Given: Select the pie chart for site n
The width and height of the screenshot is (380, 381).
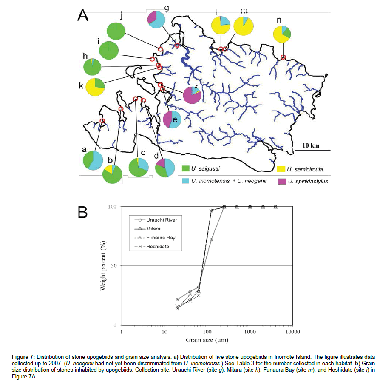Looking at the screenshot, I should tap(282, 34).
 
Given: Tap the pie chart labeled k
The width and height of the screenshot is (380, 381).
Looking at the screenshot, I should tap(95, 87).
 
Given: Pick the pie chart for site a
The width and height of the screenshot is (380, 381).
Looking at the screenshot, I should tap(93, 160).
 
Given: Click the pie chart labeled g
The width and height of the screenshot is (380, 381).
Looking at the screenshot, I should tap(157, 20).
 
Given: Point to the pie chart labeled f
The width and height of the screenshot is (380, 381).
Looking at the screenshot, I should tap(192, 94).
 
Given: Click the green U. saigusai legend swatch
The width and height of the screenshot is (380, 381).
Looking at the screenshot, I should tap(185, 170).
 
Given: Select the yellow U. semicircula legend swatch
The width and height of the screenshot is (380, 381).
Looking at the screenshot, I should tap(281, 170).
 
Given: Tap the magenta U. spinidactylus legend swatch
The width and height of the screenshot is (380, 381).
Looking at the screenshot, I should tap(281, 181).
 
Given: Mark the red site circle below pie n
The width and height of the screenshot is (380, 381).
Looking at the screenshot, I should tap(283, 57).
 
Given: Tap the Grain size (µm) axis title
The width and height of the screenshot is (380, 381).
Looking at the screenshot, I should tap(207, 340).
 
